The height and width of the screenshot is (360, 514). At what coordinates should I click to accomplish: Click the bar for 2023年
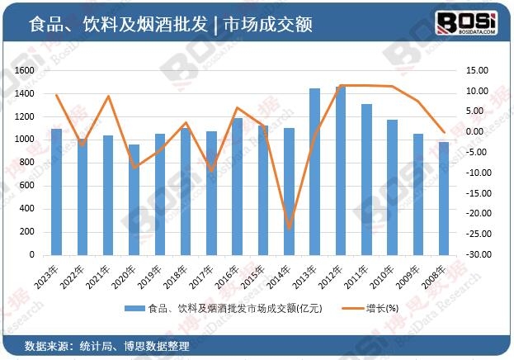click(56, 192)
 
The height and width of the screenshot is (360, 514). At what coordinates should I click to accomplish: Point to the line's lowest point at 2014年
click(289, 228)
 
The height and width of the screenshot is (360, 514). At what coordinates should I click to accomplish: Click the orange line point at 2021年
click(108, 97)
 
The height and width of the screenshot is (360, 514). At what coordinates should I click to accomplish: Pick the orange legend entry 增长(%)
click(382, 308)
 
